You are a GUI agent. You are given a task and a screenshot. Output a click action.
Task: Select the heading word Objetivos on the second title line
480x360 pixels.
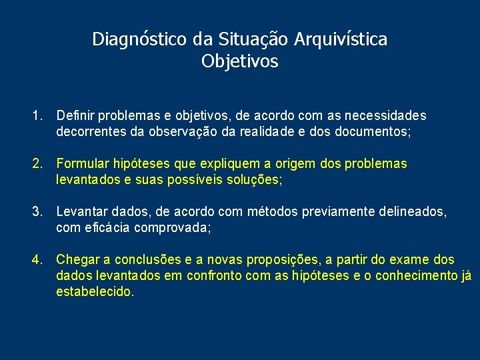pyautogui.click(x=239, y=62)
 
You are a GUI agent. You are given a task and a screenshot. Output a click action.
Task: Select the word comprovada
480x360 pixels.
pyautogui.click(x=172, y=228)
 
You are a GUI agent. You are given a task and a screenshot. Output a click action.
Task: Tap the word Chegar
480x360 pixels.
pyautogui.click(x=77, y=260)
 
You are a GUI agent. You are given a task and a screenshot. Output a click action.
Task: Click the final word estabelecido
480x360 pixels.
pyautogui.click(x=95, y=292)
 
